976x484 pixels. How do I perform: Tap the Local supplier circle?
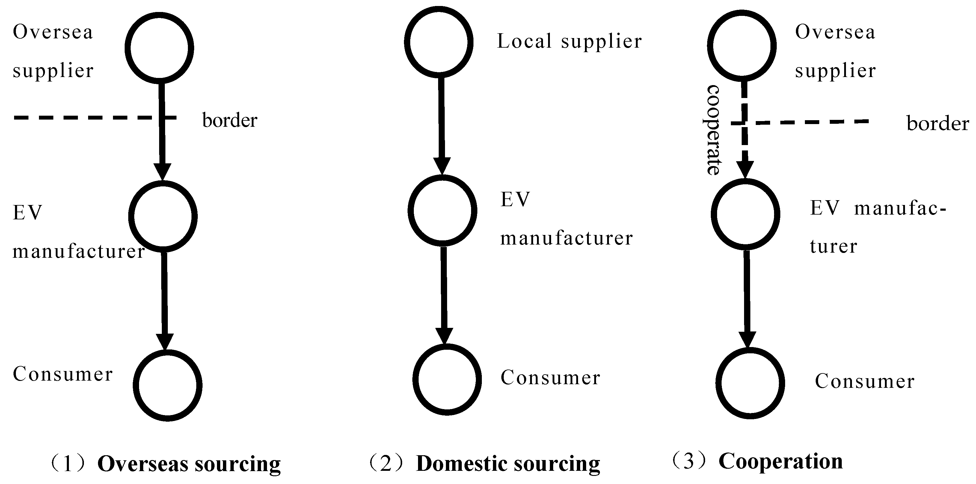439,42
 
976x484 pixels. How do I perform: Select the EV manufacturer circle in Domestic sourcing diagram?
443,210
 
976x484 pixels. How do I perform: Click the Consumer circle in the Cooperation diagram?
750,383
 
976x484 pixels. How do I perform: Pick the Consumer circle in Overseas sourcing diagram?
168,385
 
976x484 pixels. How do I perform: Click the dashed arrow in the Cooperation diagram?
745,129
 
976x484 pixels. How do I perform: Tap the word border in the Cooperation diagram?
937,123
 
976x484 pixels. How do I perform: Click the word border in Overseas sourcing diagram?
230,120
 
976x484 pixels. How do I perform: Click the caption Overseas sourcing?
189,464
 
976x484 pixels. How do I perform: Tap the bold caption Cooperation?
781,462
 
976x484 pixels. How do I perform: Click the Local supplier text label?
569,42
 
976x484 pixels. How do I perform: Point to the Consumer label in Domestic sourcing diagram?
550,378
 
